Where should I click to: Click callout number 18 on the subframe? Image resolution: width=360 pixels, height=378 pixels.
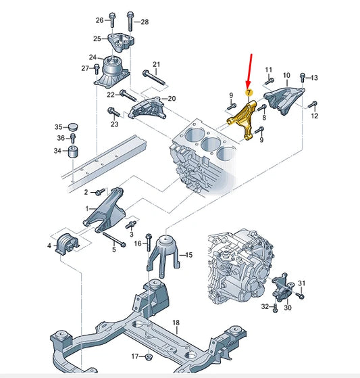176,324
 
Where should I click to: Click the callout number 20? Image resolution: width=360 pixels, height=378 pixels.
172,99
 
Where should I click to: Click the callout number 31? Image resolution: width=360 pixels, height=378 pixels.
302,283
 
